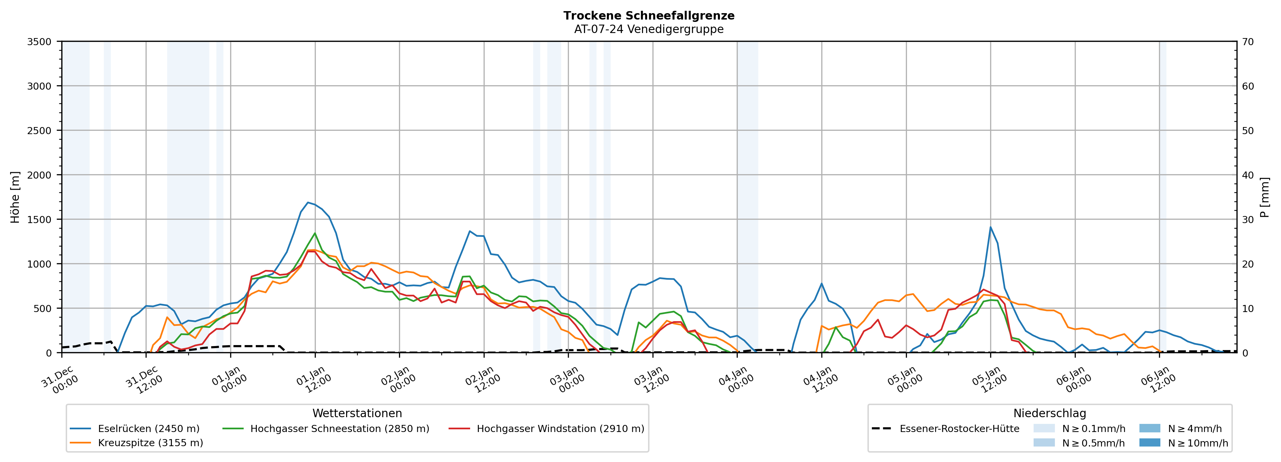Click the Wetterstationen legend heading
coord(357,413)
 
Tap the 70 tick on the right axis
coord(1248,42)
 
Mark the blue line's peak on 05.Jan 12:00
coord(990,227)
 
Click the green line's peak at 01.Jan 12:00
coord(315,233)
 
